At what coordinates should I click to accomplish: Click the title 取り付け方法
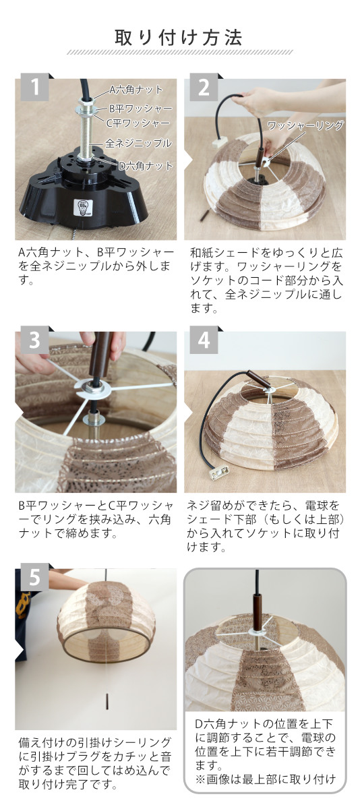tap(179, 38)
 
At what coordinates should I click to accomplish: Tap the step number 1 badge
tap(34, 87)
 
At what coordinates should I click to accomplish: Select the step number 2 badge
tap(204, 87)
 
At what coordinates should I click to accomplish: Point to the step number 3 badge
tap(34, 340)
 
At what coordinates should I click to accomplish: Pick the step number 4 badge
tap(204, 340)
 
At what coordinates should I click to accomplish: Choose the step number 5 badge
tap(34, 577)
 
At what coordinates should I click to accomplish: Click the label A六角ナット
tap(136, 90)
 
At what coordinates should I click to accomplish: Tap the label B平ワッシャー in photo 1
tap(140, 109)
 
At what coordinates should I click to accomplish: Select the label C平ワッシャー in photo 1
tap(138, 123)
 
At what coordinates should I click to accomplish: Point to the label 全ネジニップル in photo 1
tap(138, 144)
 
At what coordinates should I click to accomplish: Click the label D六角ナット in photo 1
tap(146, 166)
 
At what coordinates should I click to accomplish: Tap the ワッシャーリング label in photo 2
tap(305, 125)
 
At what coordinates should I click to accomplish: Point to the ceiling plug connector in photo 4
tap(220, 473)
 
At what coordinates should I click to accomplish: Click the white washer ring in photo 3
tap(93, 388)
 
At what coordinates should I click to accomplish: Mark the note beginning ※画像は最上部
tap(266, 779)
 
